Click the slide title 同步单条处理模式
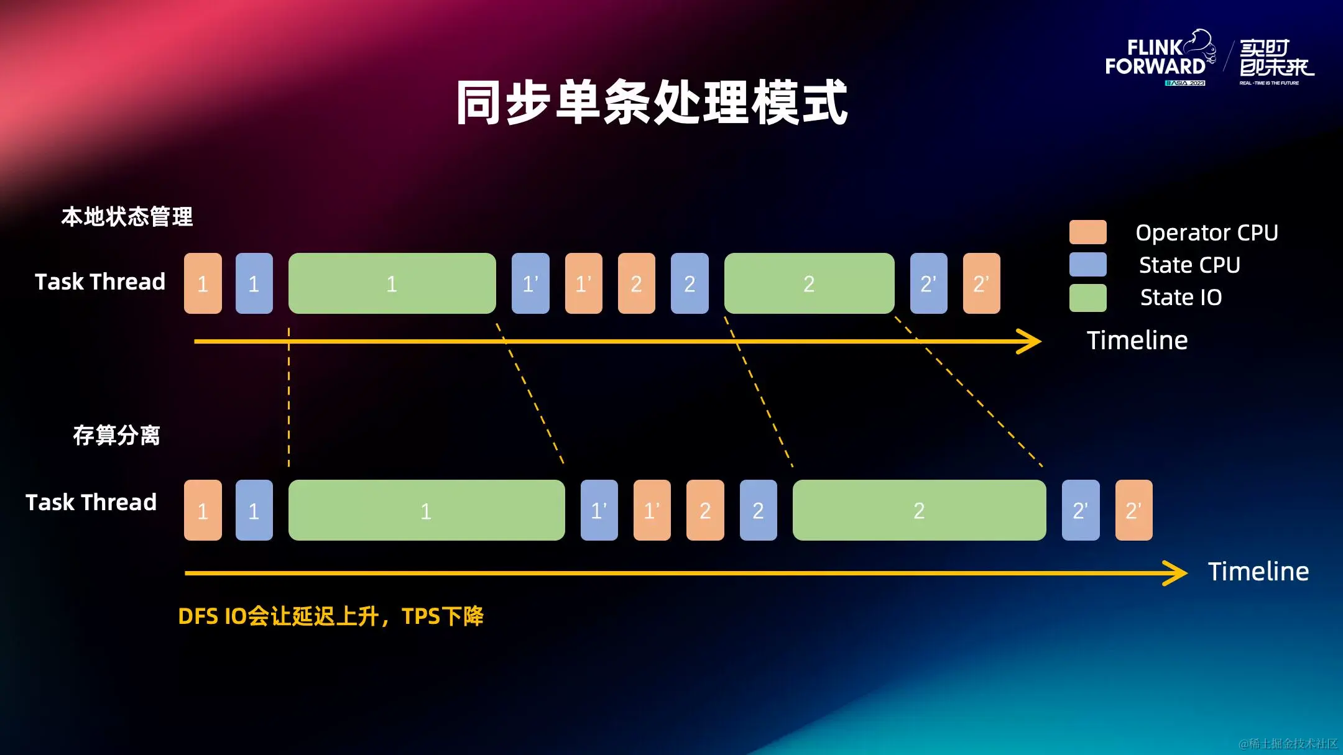tap(652, 103)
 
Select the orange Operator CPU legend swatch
tap(1087, 232)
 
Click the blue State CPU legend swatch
tap(1087, 264)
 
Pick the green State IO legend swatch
tap(1087, 297)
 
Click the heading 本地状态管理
tap(127, 217)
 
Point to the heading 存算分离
tap(116, 435)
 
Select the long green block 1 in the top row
tap(392, 283)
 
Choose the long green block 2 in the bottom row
tap(919, 510)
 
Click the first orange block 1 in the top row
tap(203, 283)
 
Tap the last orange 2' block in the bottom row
tap(1133, 510)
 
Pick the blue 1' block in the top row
tap(530, 283)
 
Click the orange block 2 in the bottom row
tap(705, 510)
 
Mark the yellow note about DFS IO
tap(330, 616)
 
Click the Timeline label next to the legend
tap(1137, 341)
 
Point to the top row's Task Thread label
tap(100, 281)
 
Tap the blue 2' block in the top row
tap(928, 283)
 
